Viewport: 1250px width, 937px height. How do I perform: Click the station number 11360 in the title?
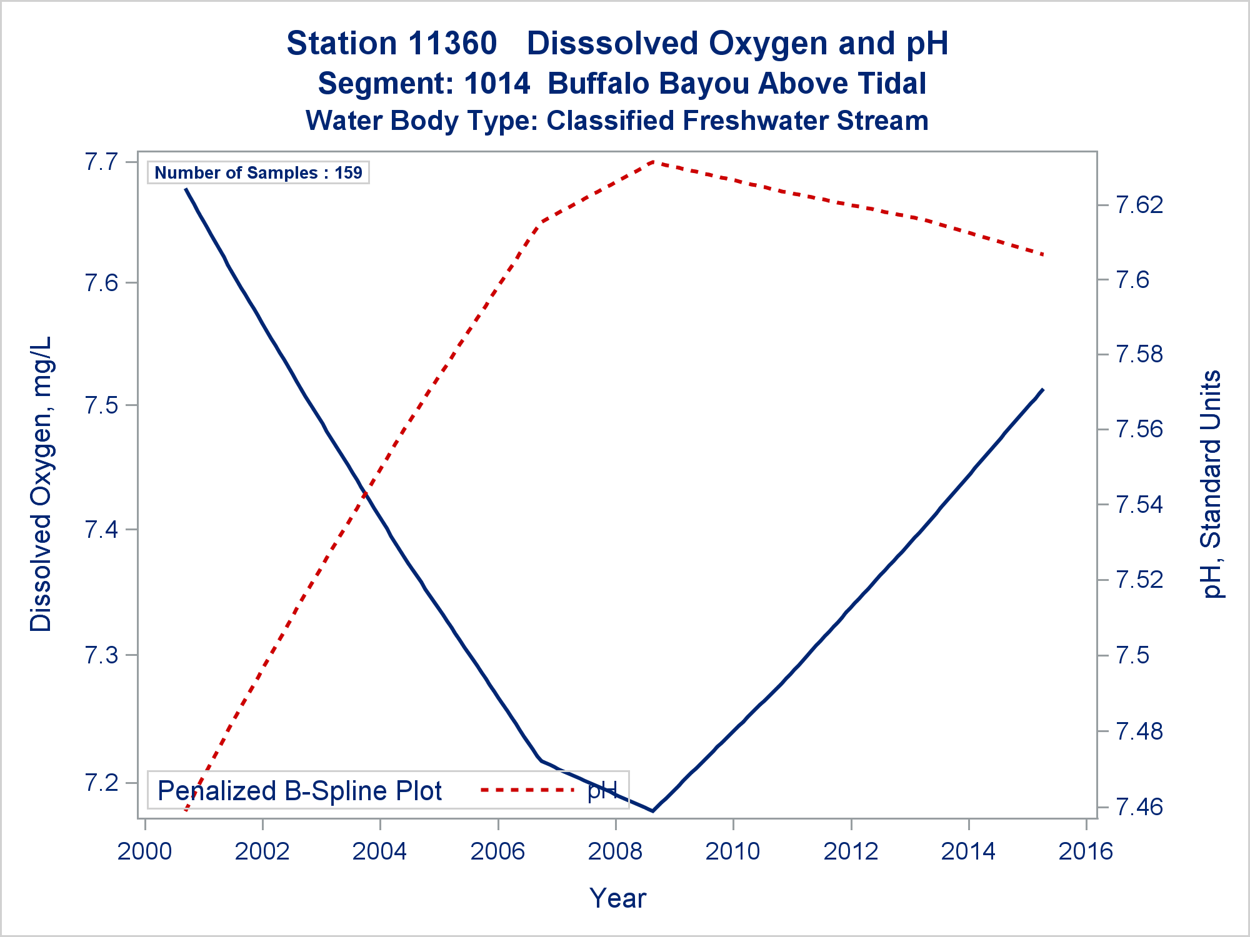(x=454, y=44)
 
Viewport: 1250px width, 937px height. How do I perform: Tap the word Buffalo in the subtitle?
(x=598, y=84)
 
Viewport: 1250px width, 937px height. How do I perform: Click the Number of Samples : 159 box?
(x=258, y=172)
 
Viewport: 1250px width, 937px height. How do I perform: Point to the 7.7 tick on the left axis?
(x=101, y=162)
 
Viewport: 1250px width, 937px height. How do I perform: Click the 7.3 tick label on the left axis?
(x=101, y=655)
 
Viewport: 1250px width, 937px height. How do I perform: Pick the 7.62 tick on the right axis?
(x=1139, y=205)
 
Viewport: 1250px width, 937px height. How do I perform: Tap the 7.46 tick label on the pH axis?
(x=1139, y=807)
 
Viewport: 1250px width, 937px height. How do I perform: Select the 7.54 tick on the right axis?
(x=1139, y=505)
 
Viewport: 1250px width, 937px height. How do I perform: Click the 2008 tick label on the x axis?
(x=615, y=851)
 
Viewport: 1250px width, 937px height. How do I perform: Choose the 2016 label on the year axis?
(x=1086, y=851)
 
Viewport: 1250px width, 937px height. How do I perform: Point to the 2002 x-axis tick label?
(x=262, y=851)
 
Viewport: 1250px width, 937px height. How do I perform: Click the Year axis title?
(x=617, y=898)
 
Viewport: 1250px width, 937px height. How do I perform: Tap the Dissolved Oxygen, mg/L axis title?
(x=41, y=484)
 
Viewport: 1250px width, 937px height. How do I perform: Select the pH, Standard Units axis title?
(x=1211, y=484)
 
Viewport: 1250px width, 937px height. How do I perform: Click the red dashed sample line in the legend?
(x=527, y=790)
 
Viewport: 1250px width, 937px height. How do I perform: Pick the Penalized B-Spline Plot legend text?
(x=299, y=791)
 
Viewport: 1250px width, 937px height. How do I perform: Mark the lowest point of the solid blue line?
(x=652, y=811)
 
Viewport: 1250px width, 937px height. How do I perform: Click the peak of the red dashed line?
(x=652, y=161)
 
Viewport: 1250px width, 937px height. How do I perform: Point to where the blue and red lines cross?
(x=365, y=492)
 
